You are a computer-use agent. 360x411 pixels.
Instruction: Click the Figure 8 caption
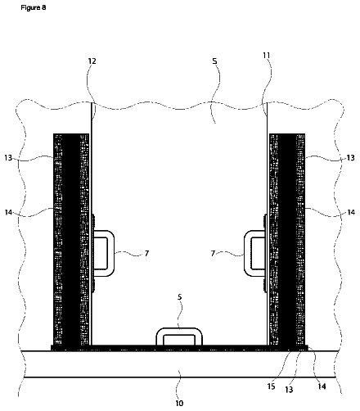[x=34, y=7]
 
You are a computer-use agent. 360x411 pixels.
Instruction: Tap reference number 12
[x=92, y=61]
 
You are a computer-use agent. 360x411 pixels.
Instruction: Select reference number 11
[x=266, y=56]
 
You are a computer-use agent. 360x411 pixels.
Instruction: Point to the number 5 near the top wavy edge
[x=214, y=61]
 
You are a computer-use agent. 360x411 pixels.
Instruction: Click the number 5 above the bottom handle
[x=179, y=297]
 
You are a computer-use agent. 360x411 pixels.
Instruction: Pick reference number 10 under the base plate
[x=179, y=403]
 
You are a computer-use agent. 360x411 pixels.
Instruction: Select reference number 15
[x=271, y=386]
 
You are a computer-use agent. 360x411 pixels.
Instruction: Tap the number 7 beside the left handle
[x=146, y=254]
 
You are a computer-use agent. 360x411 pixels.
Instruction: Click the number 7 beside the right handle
[x=213, y=254]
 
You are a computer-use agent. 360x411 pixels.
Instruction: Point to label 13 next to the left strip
[x=8, y=158]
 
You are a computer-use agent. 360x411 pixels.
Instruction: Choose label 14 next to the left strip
[x=8, y=212]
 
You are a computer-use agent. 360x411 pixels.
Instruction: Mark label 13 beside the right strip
[x=350, y=158]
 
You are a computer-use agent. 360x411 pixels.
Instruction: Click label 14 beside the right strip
[x=351, y=212]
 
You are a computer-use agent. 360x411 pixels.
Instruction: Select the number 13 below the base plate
[x=289, y=390]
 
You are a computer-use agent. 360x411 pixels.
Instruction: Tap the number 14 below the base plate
[x=322, y=386]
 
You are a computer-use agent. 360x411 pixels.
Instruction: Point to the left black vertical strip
[x=71, y=239]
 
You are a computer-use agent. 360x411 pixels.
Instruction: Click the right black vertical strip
[x=287, y=239]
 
